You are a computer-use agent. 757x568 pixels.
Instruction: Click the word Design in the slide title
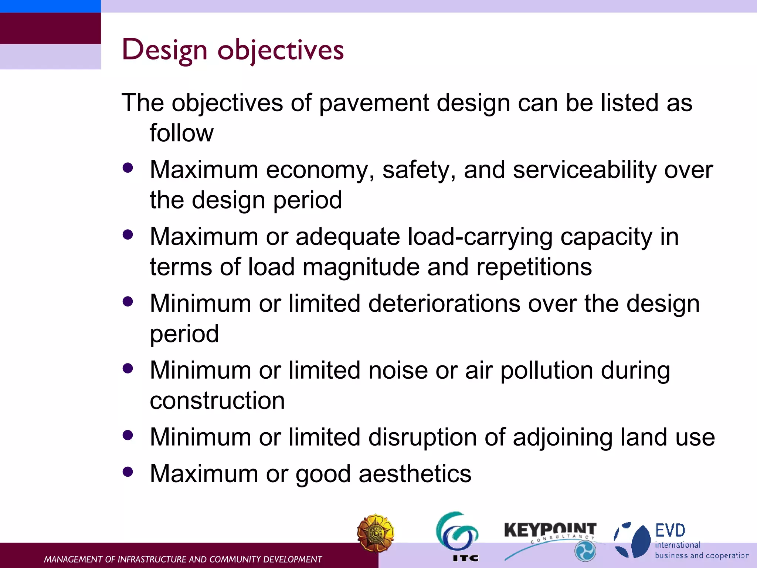click(x=164, y=50)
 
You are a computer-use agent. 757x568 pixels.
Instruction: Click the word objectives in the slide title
click(x=281, y=50)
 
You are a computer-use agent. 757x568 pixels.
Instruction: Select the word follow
click(x=181, y=133)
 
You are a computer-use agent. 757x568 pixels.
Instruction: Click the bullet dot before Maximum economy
click(x=128, y=168)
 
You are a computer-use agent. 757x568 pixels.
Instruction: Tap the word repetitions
click(x=534, y=267)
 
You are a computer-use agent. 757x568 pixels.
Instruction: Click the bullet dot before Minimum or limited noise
click(x=128, y=368)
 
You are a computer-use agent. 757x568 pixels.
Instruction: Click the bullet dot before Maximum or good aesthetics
click(x=128, y=472)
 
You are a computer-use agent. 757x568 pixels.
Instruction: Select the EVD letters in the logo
click(x=670, y=531)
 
